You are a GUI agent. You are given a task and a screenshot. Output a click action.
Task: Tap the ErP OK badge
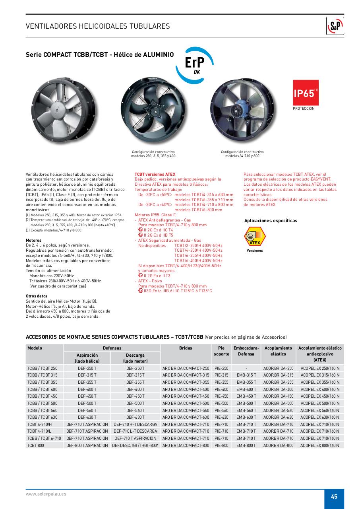pos(194,64)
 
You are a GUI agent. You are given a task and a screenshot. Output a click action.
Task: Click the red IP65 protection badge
pos(306,93)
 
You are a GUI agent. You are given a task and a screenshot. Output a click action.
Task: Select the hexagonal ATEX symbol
pos(255,237)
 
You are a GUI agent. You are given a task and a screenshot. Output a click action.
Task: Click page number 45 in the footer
pos(334,496)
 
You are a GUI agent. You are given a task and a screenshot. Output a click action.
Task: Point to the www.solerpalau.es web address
pos(46,493)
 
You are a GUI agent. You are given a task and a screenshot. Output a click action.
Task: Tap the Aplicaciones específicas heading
pos(271,221)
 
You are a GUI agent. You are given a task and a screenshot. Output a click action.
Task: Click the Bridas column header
pos(186,348)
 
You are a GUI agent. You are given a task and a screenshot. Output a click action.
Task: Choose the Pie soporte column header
pos(221,351)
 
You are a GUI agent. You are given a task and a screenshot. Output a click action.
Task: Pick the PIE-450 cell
pos(221,396)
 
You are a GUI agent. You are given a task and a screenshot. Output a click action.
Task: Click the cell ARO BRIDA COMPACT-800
pos(186,445)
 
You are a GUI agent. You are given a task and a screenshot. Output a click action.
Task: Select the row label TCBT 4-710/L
pos(39,431)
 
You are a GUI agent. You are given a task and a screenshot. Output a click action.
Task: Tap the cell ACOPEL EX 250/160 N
pos(320,368)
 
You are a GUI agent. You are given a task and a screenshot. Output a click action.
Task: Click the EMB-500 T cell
pos(246,403)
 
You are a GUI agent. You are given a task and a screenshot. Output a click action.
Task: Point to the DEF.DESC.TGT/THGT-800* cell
pos(135,445)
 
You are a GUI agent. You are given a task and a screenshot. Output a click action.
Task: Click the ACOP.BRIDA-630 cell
pos(278,417)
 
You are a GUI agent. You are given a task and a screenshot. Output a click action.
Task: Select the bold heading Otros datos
pos(37,296)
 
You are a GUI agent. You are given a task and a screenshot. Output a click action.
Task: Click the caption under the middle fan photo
pos(153,154)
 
